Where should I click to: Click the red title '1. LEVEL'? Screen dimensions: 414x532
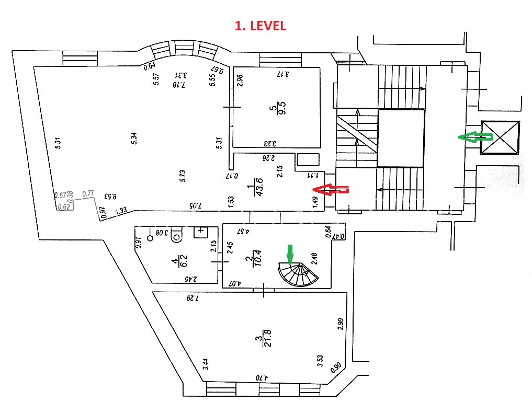[x=260, y=26]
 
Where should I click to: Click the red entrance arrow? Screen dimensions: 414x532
[x=330, y=190]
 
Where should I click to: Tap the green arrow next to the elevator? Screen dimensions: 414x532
[x=475, y=137]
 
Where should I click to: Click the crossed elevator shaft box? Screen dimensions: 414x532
[x=500, y=138]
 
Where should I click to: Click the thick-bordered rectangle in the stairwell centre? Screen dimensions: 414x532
[x=401, y=138]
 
